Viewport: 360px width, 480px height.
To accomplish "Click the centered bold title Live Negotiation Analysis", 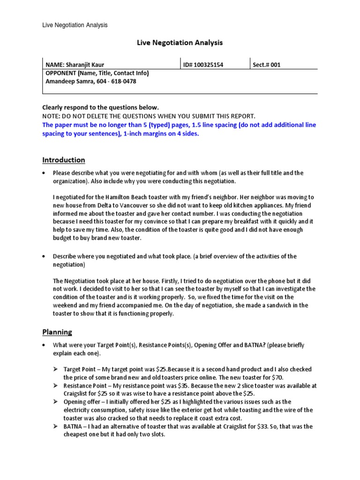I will pyautogui.click(x=180, y=43).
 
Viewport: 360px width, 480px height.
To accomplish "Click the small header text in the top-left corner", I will pyautogui.click(x=75, y=25).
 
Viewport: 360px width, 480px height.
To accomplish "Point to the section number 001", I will pyautogui.click(x=275, y=65).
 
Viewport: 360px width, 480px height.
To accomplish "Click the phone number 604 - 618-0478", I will pyautogui.click(x=117, y=81).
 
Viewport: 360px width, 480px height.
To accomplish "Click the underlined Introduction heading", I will pyautogui.click(x=64, y=160).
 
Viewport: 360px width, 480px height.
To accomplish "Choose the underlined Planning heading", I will pyautogui.click(x=57, y=332).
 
